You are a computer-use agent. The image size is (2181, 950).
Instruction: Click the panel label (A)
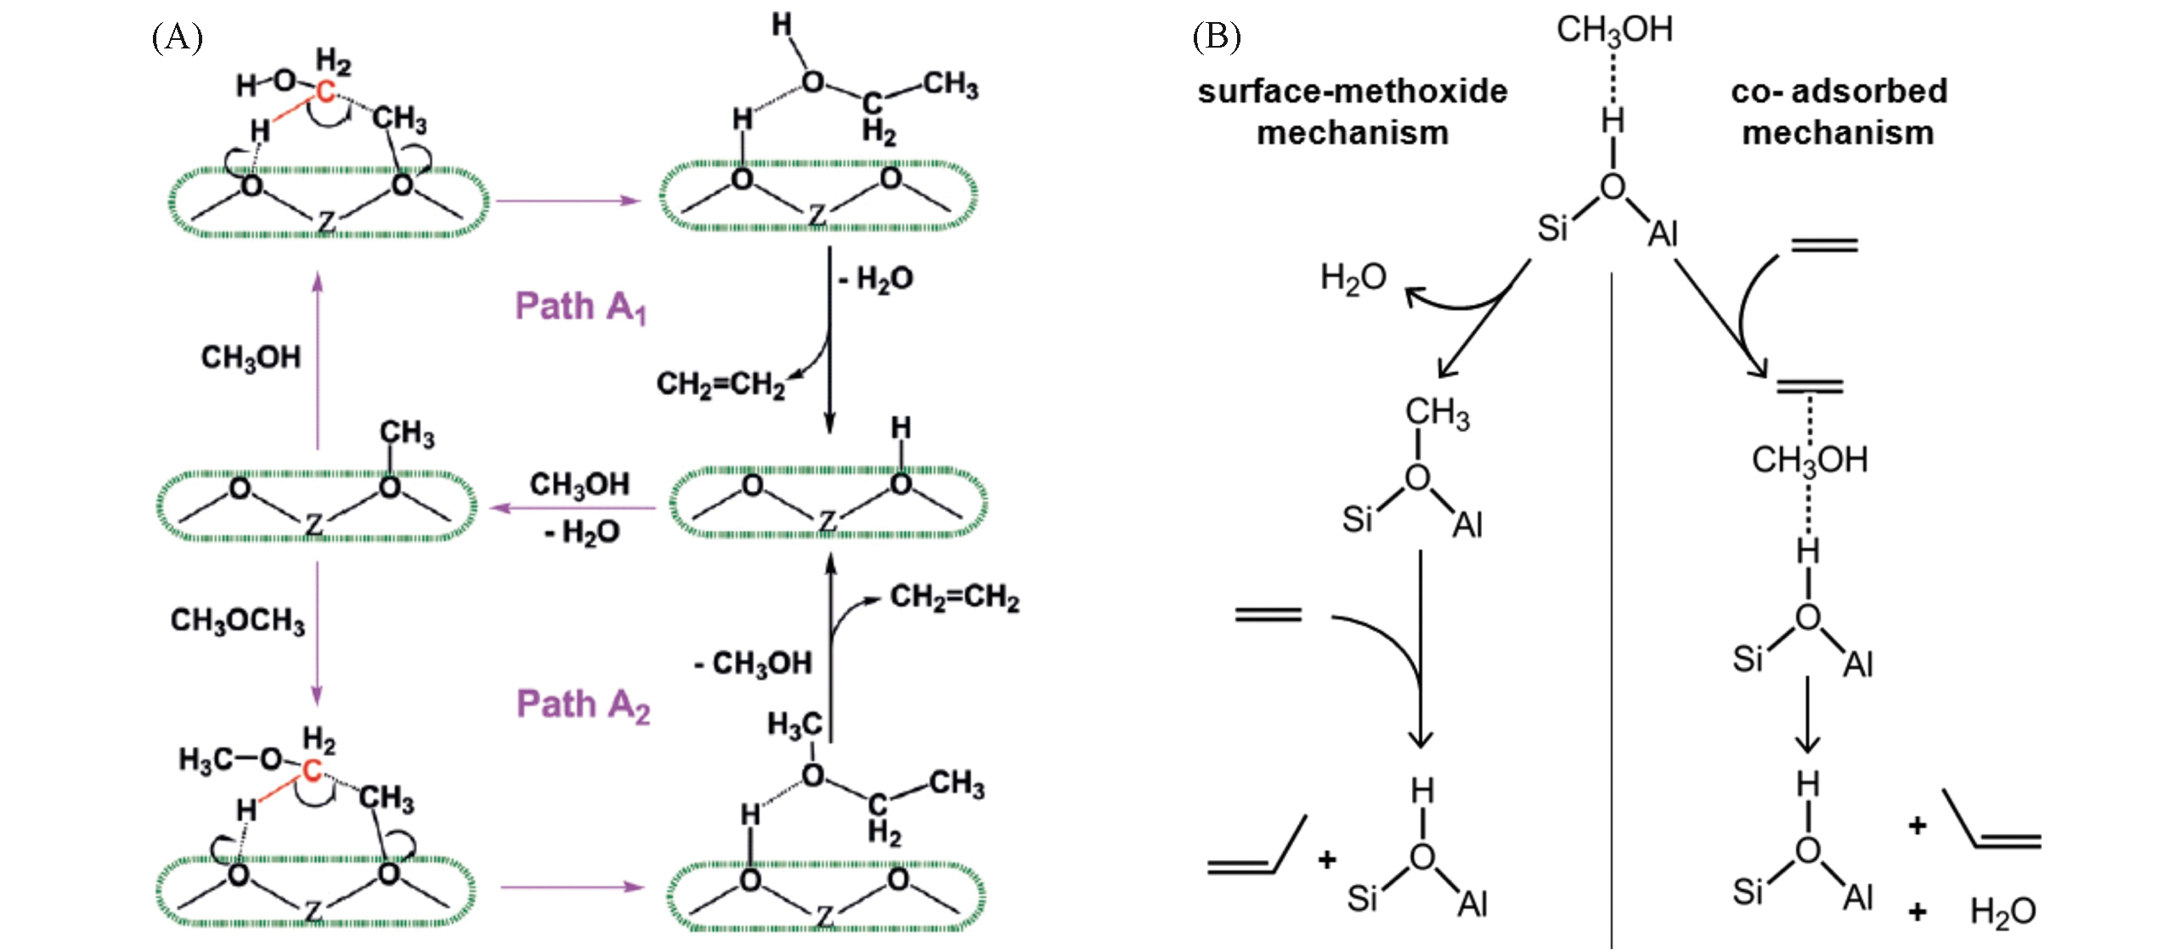point(177,37)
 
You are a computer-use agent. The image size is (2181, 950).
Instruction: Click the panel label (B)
point(1216,37)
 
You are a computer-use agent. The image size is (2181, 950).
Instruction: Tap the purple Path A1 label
point(580,308)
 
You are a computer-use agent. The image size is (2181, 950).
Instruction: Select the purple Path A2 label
point(583,705)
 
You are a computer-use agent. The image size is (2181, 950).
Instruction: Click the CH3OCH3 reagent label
point(237,621)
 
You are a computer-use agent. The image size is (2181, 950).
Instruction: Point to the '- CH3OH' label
point(753,664)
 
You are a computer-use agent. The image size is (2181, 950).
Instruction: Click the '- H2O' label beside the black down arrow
point(876,279)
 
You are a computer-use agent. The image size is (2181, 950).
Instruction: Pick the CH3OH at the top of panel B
point(1614,31)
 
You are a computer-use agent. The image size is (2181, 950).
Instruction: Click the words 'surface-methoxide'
point(1352,92)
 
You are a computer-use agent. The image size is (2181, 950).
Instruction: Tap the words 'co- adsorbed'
point(1839,92)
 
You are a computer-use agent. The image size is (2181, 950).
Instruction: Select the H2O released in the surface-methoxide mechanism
point(1353,278)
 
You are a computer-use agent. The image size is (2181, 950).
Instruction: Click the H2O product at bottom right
point(2003,913)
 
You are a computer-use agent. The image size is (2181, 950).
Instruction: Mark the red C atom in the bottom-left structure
point(312,771)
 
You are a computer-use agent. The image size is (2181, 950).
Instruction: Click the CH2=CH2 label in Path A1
point(720,385)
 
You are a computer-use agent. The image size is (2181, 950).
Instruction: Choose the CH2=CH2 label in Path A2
point(954,597)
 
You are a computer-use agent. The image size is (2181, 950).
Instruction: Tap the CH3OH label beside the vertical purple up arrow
point(251,358)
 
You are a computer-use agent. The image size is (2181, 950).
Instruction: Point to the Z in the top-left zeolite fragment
point(326,223)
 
